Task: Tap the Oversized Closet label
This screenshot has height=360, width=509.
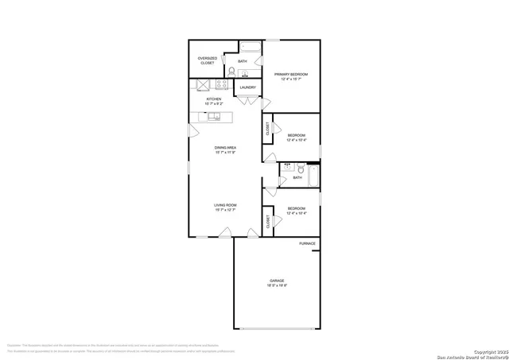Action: point(207,60)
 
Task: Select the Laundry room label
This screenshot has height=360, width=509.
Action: point(247,87)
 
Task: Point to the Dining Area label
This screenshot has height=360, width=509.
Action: point(225,148)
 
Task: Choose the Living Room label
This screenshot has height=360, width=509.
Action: point(225,206)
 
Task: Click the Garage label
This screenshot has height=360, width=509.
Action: point(277,281)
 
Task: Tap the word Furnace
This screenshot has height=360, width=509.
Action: point(307,243)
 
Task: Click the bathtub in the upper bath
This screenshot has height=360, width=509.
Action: point(251,46)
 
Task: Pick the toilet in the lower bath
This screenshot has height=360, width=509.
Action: point(301,168)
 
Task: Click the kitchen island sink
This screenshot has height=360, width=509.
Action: point(214,116)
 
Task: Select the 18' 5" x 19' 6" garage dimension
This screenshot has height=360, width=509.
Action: point(277,285)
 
